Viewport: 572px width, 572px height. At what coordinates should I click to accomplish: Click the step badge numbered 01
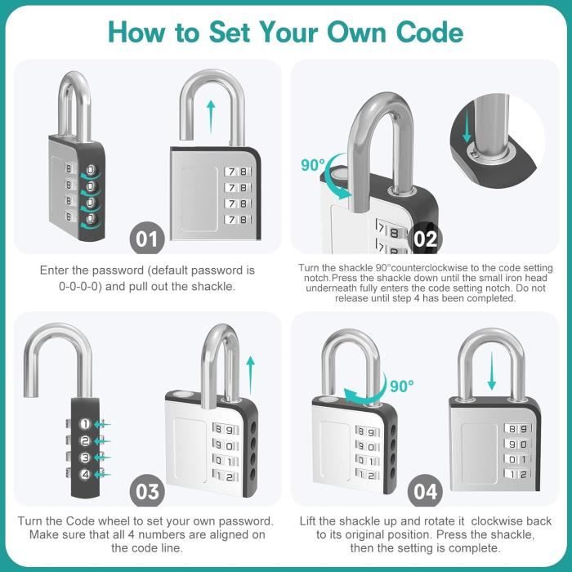tap(148, 239)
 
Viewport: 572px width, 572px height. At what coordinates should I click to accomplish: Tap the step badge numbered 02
tap(426, 239)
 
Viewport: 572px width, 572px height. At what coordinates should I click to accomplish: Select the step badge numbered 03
tap(148, 491)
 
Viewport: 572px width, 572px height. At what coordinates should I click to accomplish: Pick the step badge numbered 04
tap(426, 491)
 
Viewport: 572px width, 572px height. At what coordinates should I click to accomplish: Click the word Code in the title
tap(423, 32)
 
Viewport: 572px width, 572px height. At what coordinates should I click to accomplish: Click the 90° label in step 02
tap(313, 164)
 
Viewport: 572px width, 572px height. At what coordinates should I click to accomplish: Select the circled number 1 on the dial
tap(85, 423)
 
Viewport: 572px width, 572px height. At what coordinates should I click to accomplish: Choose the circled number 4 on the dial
tap(85, 474)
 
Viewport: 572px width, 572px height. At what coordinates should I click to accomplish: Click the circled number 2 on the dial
tap(85, 440)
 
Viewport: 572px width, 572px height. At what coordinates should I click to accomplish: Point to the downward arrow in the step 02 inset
tap(467, 127)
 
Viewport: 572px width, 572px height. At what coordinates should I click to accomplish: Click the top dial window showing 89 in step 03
tap(225, 430)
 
